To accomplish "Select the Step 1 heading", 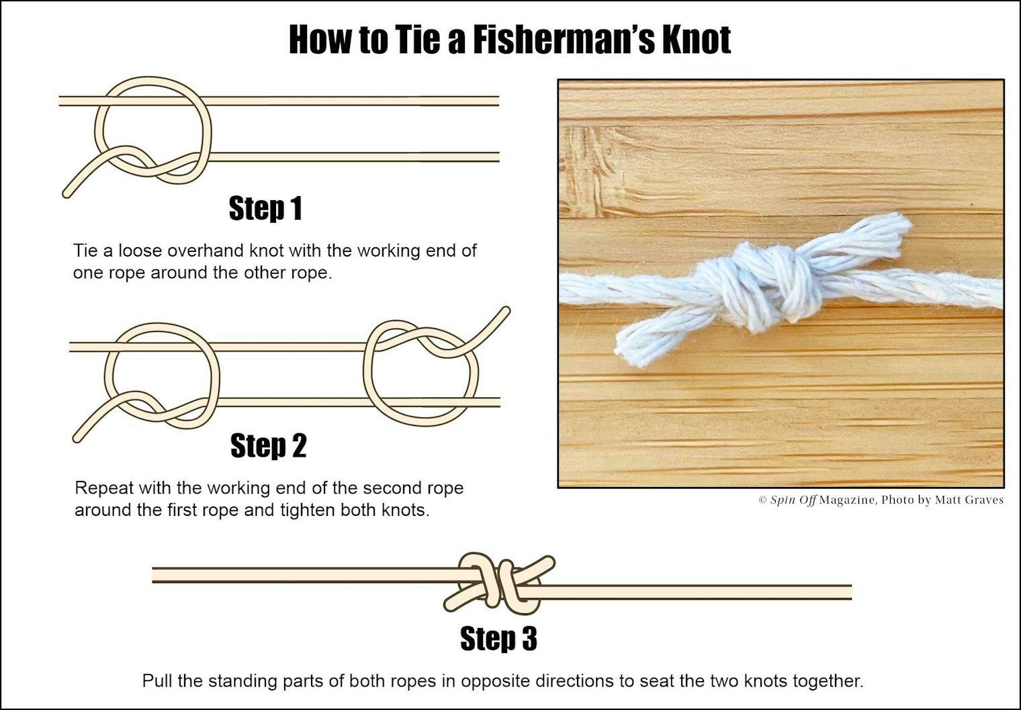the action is pos(265,209).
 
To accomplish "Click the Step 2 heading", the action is pos(269,445).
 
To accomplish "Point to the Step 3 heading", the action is pos(498,638).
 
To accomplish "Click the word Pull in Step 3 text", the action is pos(157,681).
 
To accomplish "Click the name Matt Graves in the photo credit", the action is pos(969,500).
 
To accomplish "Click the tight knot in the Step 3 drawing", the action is pos(500,584).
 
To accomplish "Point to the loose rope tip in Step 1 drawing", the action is pos(66,194).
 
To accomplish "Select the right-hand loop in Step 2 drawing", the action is pos(367,373).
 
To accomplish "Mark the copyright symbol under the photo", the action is pos(762,500).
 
